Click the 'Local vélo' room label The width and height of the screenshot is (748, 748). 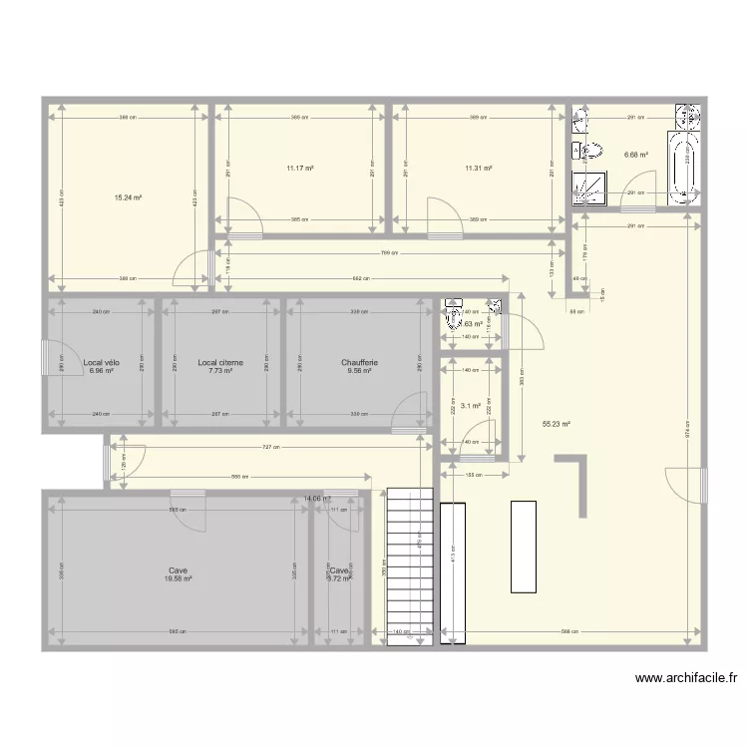coord(102,363)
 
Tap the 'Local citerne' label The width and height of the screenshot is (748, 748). coord(220,363)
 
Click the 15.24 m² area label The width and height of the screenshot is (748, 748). coord(129,198)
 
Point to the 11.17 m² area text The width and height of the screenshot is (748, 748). coord(300,169)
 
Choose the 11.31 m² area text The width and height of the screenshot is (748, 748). coord(479,169)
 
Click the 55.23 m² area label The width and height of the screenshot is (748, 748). coord(557,424)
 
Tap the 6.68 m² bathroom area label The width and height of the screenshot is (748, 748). coord(636,155)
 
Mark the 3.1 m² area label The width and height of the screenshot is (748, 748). coord(471,406)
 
